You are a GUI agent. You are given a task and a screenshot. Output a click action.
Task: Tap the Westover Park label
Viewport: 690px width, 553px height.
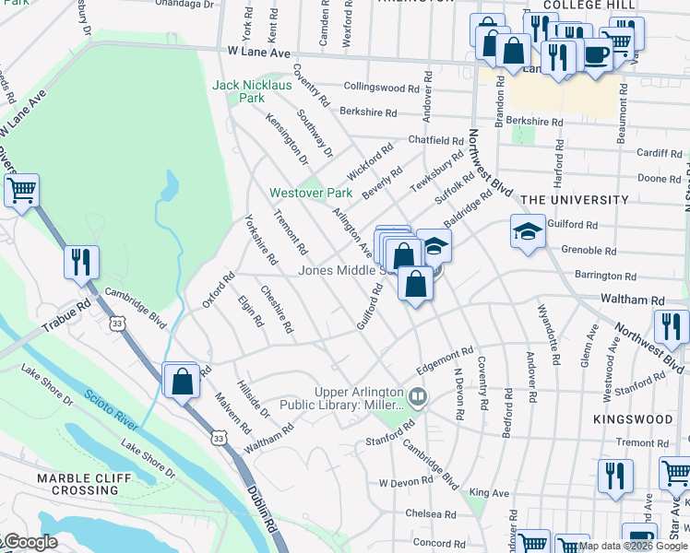(311, 194)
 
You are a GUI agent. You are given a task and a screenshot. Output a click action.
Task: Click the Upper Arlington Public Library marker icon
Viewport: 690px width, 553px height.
(418, 397)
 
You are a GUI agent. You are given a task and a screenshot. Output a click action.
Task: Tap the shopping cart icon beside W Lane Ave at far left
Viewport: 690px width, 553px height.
(20, 191)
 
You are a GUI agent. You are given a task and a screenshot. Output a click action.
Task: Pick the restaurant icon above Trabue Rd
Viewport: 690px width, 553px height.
(81, 262)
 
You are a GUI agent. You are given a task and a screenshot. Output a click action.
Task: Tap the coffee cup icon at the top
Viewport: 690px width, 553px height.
(595, 54)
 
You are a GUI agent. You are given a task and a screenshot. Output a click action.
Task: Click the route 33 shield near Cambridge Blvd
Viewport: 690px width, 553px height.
(116, 324)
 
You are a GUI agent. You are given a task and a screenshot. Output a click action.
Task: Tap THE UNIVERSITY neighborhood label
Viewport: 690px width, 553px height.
(574, 199)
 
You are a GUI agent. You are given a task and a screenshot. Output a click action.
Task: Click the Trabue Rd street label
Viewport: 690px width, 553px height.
(66, 317)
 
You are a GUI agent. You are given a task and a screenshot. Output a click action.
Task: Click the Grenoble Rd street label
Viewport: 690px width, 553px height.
(588, 250)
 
